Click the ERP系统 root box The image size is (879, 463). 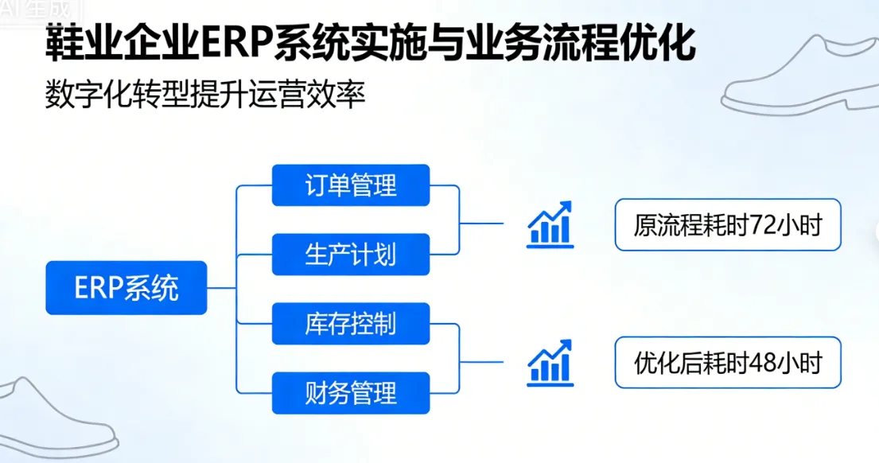click(126, 288)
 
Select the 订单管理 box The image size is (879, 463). click(351, 185)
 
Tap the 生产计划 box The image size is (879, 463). click(351, 255)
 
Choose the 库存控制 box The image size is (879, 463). click(351, 324)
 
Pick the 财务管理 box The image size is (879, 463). click(351, 393)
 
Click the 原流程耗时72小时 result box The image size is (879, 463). click(727, 225)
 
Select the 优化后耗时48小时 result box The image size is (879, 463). click(727, 362)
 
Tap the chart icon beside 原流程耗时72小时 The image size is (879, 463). click(550, 224)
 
